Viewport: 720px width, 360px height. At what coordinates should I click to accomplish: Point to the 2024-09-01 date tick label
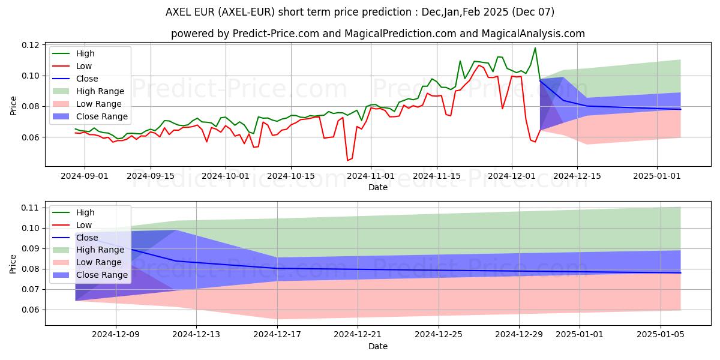pyautogui.click(x=85, y=176)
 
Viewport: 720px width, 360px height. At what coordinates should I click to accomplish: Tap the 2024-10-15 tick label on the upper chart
pyautogui.click(x=291, y=176)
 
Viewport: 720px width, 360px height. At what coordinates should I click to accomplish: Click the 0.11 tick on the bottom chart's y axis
pyautogui.click(x=31, y=208)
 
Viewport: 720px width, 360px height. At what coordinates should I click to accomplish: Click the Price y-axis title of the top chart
pyautogui.click(x=14, y=106)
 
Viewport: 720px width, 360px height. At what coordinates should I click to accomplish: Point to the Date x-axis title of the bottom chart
pyautogui.click(x=378, y=346)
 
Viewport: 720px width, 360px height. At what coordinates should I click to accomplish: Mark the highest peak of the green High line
pyautogui.click(x=535, y=48)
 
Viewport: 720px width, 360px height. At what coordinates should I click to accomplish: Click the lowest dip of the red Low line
pyautogui.click(x=347, y=160)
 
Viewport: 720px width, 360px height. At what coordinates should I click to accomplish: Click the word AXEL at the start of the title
pyautogui.click(x=178, y=12)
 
